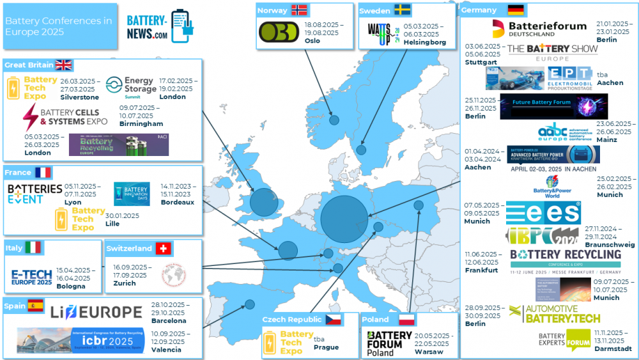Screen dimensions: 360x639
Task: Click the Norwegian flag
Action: [299, 10]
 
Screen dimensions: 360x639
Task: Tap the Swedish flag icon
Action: [402, 10]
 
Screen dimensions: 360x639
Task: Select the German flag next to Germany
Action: [516, 10]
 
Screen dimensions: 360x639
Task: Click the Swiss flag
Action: [164, 248]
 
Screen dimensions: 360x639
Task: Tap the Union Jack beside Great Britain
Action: [63, 65]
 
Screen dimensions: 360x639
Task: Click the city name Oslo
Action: [312, 41]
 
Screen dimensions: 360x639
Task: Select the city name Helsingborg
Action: [424, 42]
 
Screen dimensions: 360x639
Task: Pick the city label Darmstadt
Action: [612, 348]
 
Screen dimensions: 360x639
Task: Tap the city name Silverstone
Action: [79, 97]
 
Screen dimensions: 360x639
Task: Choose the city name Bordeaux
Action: [178, 202]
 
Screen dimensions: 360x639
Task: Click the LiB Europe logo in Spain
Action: [96, 312]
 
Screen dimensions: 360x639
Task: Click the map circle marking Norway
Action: [334, 120]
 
